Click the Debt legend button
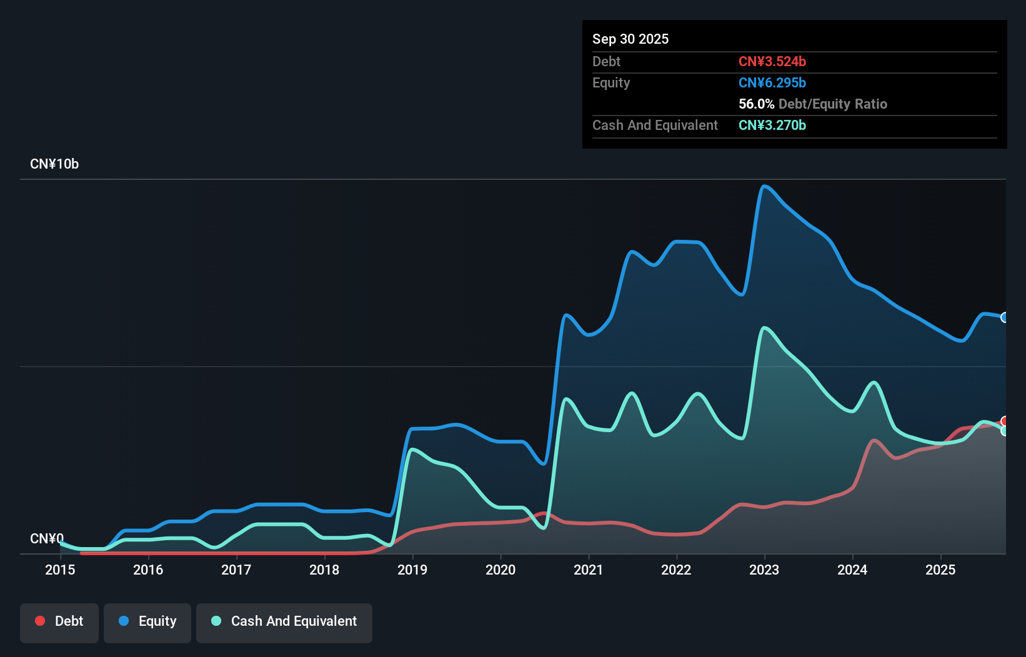pos(59,622)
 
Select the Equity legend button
pos(147,622)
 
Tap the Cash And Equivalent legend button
pos(284,622)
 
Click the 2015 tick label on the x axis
pos(60,570)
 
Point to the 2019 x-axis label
pos(412,570)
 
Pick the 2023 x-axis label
pos(764,570)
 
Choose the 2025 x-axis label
pos(940,570)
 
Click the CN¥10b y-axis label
pos(54,164)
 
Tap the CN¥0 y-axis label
pos(47,538)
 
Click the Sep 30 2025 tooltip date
pos(630,39)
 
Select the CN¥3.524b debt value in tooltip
pos(772,61)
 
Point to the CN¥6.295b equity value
pos(772,82)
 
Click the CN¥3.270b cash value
pos(772,125)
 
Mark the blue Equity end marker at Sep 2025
pos(1005,317)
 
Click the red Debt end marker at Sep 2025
pos(1005,421)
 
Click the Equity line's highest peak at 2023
pos(764,185)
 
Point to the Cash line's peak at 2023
pos(764,327)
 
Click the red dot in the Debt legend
pos(40,621)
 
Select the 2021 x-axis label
pos(589,570)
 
